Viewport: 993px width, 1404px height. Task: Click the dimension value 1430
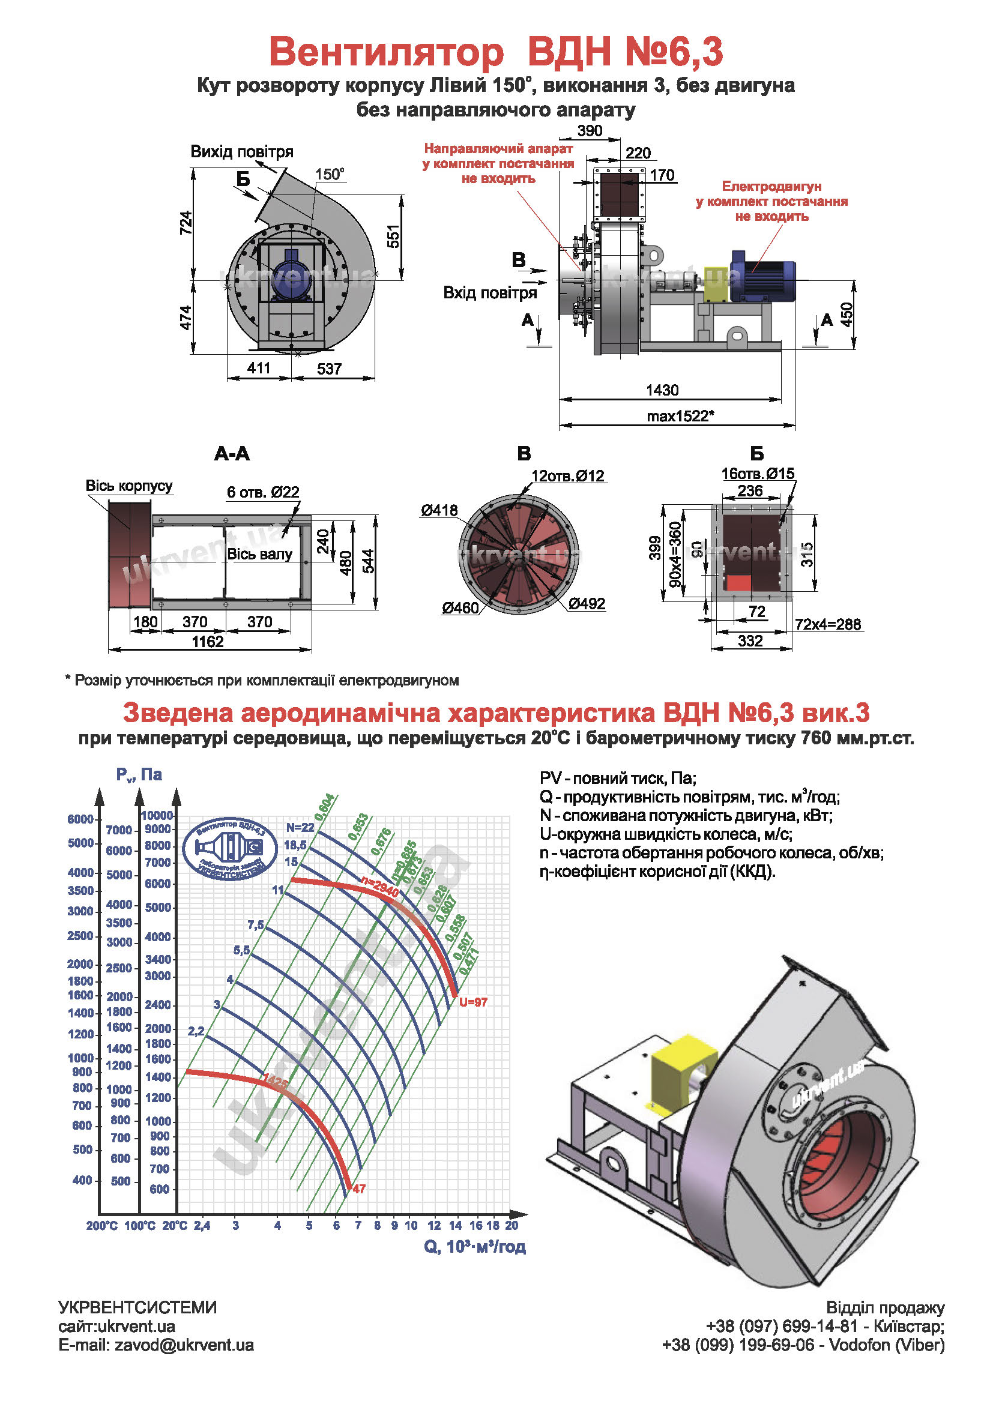click(662, 390)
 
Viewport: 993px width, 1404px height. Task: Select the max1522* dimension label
click(680, 417)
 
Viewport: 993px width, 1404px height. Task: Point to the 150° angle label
click(330, 174)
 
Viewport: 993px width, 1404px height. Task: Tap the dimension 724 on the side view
click(186, 223)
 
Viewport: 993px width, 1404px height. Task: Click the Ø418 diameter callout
click(438, 510)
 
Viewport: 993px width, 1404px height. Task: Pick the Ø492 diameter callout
click(587, 603)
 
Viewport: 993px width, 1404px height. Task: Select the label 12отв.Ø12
click(567, 476)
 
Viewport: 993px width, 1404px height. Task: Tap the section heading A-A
click(232, 453)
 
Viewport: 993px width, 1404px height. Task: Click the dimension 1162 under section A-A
click(208, 642)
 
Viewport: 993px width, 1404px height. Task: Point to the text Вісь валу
click(259, 554)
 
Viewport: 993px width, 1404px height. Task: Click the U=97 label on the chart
click(473, 1002)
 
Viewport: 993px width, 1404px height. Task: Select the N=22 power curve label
click(300, 827)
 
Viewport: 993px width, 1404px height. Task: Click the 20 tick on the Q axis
click(512, 1225)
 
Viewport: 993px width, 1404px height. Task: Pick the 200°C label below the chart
click(102, 1226)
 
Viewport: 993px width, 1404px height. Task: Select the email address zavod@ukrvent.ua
click(184, 1345)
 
